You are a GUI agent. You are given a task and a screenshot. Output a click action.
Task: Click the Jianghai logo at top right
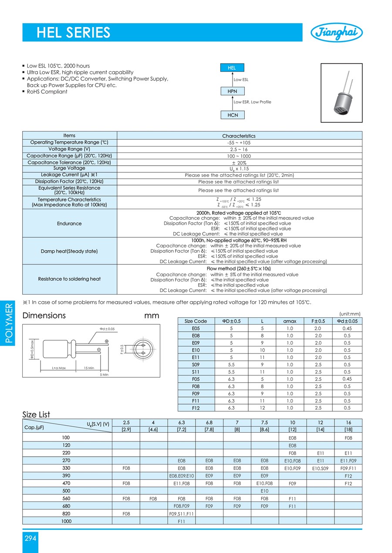(336, 32)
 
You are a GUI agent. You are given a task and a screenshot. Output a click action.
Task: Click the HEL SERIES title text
(73, 32)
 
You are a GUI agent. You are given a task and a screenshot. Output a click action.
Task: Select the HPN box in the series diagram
(233, 91)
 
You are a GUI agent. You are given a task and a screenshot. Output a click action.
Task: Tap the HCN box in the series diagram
(233, 115)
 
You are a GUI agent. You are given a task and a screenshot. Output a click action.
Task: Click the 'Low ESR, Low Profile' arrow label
(252, 102)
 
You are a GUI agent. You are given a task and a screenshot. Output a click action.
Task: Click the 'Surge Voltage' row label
(69, 168)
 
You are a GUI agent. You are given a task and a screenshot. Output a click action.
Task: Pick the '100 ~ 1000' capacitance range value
(239, 156)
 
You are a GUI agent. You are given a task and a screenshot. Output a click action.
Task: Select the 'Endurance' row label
(69, 224)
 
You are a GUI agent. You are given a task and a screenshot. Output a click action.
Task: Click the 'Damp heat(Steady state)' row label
(69, 251)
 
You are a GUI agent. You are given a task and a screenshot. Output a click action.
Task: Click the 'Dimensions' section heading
(44, 316)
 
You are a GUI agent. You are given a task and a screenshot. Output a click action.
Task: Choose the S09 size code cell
(196, 364)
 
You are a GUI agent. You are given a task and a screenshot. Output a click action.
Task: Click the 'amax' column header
(290, 321)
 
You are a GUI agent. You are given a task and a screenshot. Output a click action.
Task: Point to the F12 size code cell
(196, 408)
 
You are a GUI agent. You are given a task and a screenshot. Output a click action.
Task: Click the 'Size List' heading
(36, 414)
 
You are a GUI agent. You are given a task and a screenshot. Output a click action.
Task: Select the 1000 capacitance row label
(67, 521)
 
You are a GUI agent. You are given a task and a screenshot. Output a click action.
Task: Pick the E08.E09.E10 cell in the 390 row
(181, 476)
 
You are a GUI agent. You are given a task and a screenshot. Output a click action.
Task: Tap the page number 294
(30, 538)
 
